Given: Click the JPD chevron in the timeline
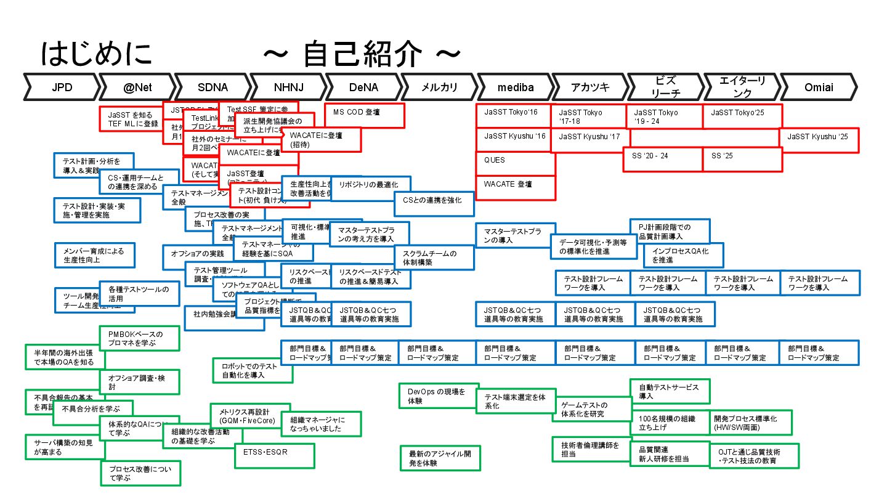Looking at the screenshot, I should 62,87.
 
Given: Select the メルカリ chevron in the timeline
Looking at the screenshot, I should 439,87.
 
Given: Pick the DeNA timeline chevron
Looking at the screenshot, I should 363,87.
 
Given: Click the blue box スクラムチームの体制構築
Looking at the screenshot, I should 434,258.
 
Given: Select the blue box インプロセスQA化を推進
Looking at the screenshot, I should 683,255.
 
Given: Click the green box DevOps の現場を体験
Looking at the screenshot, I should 437,396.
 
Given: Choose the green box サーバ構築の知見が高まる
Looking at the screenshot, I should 63,447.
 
